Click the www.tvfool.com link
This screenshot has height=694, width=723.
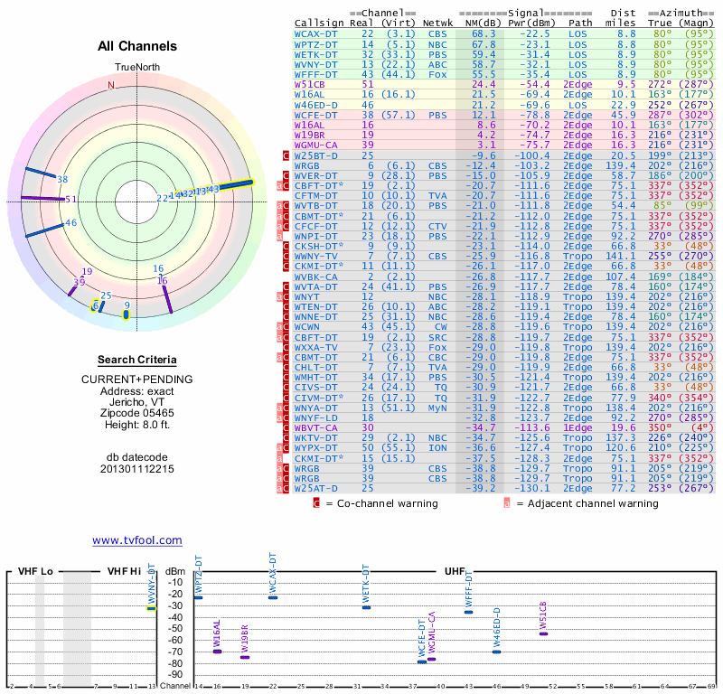coord(136,540)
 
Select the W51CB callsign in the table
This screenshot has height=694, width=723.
coord(313,83)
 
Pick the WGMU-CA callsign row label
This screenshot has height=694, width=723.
coord(316,145)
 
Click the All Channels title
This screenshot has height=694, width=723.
coord(137,46)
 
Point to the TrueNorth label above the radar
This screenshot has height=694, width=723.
coord(136,69)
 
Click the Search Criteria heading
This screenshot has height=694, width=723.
coord(136,360)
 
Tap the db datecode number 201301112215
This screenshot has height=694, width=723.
coord(136,469)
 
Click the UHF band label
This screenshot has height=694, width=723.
coord(455,572)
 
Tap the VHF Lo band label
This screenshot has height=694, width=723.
coord(36,572)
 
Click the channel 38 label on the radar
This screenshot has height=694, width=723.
coord(62,179)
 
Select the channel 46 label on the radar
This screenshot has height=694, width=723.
coord(70,222)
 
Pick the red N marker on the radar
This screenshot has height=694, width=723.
coord(111,86)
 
